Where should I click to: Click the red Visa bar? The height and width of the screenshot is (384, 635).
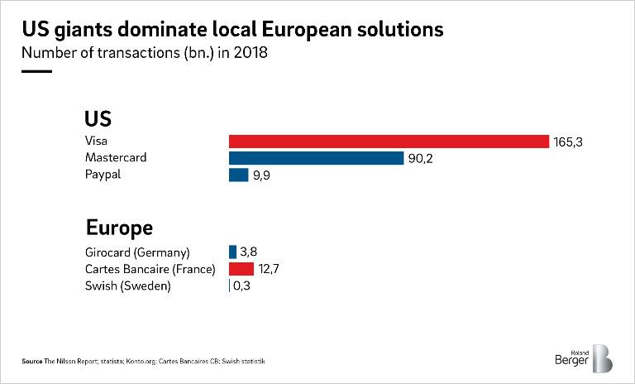click(x=389, y=142)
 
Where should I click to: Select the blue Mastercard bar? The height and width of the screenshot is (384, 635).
click(x=316, y=158)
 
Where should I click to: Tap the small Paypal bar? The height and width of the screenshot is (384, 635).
click(x=238, y=175)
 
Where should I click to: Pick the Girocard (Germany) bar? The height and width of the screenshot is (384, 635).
click(x=232, y=252)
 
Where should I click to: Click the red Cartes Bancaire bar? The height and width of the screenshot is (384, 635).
click(x=241, y=269)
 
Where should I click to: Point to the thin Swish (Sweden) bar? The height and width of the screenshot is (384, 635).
click(x=229, y=286)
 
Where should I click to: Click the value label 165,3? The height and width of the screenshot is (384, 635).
click(x=570, y=142)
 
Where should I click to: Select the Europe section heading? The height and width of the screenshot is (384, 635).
click(x=119, y=228)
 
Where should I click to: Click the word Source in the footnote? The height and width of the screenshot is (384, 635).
click(x=32, y=362)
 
